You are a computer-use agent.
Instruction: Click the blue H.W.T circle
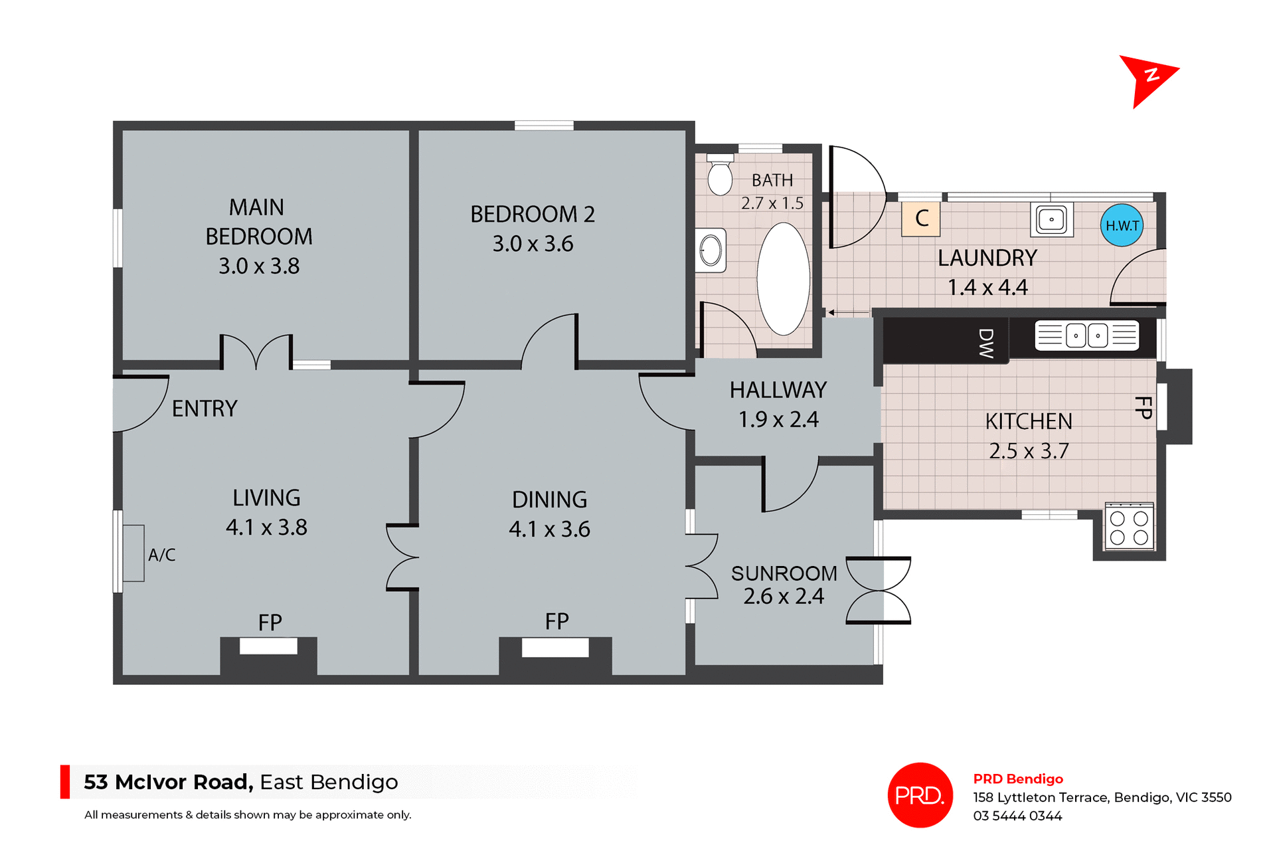[1122, 226]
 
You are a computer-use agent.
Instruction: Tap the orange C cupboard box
[921, 219]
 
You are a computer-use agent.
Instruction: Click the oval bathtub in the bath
[784, 279]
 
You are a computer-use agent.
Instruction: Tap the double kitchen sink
[1087, 335]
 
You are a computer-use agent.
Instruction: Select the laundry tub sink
[1051, 219]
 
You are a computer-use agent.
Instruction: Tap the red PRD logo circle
[920, 795]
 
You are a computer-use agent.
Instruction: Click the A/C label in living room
[161, 555]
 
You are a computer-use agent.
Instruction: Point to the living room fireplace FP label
[270, 622]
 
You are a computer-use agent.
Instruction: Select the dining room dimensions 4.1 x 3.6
[549, 529]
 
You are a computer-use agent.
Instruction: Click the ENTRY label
[205, 409]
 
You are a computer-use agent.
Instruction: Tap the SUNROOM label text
[784, 573]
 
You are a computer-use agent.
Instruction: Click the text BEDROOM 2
[532, 215]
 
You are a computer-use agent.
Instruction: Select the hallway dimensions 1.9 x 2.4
[778, 420]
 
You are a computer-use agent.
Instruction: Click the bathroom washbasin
[711, 250]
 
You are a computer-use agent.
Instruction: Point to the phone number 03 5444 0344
[1017, 816]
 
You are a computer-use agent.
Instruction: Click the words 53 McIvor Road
[168, 782]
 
